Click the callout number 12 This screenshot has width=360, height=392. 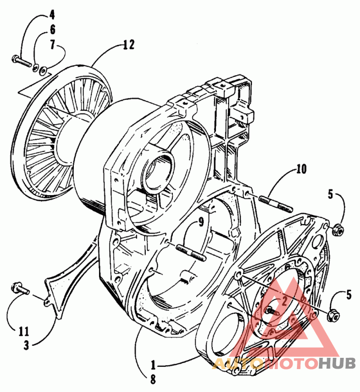(129, 45)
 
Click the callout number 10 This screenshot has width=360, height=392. (301, 170)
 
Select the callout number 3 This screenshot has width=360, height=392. (27, 346)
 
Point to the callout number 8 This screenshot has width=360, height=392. (153, 380)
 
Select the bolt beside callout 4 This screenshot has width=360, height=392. (21, 60)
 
